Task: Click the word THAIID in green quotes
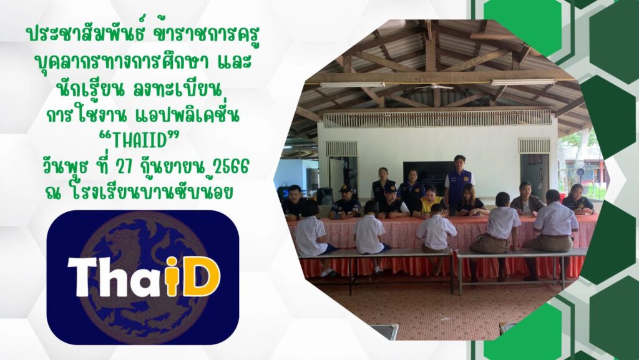pyautogui.click(x=140, y=141)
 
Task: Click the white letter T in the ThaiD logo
pyautogui.click(x=84, y=277)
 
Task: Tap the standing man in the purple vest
pyautogui.click(x=459, y=184)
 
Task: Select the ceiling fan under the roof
pyautogui.click(x=434, y=87)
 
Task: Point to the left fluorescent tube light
pyautogui.click(x=353, y=85)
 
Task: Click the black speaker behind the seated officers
pyautogui.click(x=324, y=197)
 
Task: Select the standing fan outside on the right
pyautogui.click(x=581, y=172)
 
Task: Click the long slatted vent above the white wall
pyautogui.click(x=437, y=118)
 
